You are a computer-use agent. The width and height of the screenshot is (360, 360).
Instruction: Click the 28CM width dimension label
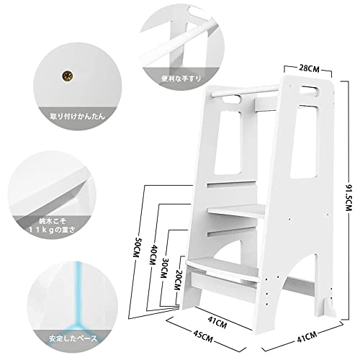click(x=309, y=68)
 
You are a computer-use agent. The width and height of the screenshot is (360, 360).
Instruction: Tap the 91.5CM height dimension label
click(x=348, y=195)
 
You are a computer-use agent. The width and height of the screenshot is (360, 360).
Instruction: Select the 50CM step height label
click(x=137, y=248)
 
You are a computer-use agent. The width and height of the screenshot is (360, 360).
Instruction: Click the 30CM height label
click(x=165, y=268)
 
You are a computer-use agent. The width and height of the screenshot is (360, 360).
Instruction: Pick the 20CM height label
click(x=177, y=279)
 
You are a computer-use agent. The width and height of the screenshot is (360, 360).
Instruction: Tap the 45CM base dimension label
click(x=203, y=336)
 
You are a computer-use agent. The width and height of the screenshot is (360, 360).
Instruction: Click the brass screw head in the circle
click(x=68, y=76)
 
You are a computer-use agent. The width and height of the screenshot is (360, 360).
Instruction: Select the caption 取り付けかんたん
click(x=78, y=117)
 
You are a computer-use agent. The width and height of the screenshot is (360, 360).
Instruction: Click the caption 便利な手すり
click(x=181, y=78)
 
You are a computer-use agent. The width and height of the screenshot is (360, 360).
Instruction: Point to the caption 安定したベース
click(x=73, y=338)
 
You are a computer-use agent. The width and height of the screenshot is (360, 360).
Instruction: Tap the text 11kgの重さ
click(x=52, y=230)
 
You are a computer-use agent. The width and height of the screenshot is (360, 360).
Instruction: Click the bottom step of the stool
click(x=222, y=267)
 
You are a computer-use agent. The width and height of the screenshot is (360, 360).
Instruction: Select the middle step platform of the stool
click(x=236, y=210)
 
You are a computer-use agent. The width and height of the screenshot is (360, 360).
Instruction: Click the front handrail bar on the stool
click(x=245, y=90)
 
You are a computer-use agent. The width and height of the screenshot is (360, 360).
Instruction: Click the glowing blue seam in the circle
click(x=77, y=300)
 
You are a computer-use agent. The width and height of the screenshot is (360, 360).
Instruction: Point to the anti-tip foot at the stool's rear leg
click(x=330, y=308)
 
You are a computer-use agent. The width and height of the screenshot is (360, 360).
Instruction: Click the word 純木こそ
click(x=53, y=221)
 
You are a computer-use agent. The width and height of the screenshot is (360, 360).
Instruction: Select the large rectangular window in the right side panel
click(x=305, y=142)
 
